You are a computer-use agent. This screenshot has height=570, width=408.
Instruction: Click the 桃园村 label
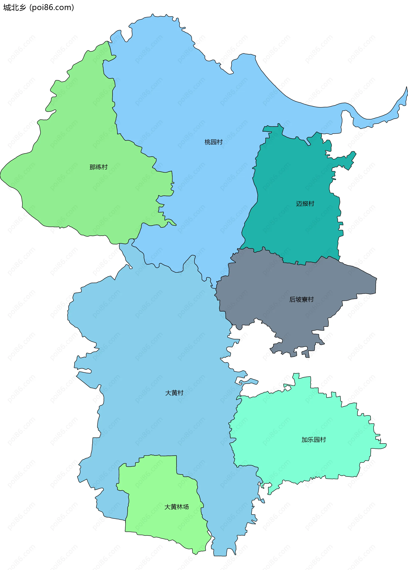213,142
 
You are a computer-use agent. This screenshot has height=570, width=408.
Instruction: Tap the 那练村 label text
98,167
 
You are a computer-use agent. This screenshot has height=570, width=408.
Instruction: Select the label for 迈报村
305,204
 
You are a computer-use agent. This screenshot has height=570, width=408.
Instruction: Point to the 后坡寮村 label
301,300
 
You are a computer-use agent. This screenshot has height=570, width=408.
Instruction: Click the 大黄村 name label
174,393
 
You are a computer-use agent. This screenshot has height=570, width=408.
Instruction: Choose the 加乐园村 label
313,440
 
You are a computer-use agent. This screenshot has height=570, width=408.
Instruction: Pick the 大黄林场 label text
176,507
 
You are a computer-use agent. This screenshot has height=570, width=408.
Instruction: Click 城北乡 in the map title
15,7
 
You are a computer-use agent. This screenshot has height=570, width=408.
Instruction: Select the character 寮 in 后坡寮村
305,300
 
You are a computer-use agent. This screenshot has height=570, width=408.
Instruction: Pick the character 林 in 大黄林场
180,507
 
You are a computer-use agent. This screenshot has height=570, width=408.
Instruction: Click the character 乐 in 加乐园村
310,440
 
